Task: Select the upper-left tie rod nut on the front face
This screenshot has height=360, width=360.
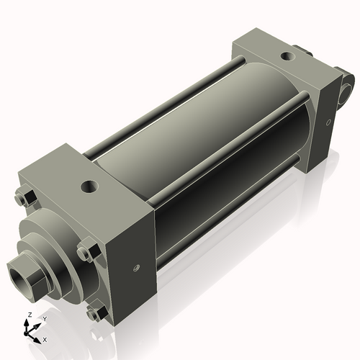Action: point(22,195)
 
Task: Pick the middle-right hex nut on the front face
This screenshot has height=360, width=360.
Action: point(86,253)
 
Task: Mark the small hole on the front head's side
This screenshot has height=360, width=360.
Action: point(135,269)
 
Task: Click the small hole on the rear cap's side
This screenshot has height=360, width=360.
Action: point(328,123)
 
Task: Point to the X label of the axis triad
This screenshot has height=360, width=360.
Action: point(45,338)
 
